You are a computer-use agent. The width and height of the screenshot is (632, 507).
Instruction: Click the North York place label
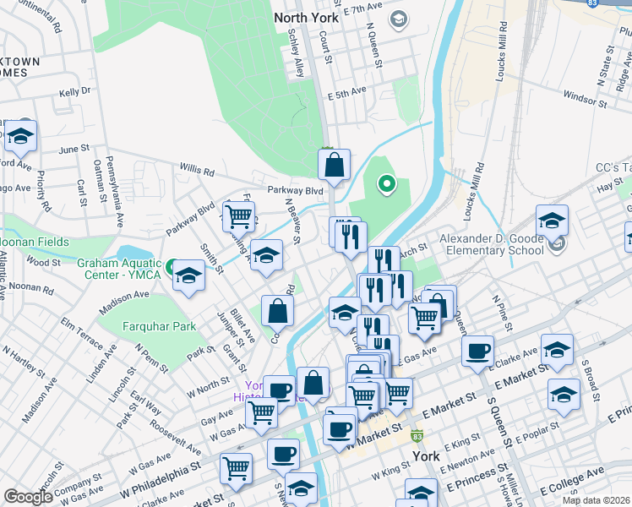[x=303, y=16]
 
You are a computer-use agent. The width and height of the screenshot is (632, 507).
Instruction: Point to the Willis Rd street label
[x=196, y=171]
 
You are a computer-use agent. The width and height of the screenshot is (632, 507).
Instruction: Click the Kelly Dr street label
[x=74, y=90]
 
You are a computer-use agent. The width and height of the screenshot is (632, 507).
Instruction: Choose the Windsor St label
[x=580, y=97]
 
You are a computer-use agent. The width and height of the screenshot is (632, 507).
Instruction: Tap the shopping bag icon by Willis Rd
[x=335, y=164]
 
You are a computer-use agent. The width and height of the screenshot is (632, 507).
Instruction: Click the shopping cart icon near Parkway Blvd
[x=239, y=215]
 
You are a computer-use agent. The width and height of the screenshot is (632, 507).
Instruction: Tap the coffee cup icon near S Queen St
[x=478, y=350]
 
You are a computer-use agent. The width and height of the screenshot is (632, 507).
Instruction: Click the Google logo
[x=28, y=496]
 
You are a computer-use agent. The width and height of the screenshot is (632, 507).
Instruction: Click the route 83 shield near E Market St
[x=417, y=436]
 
